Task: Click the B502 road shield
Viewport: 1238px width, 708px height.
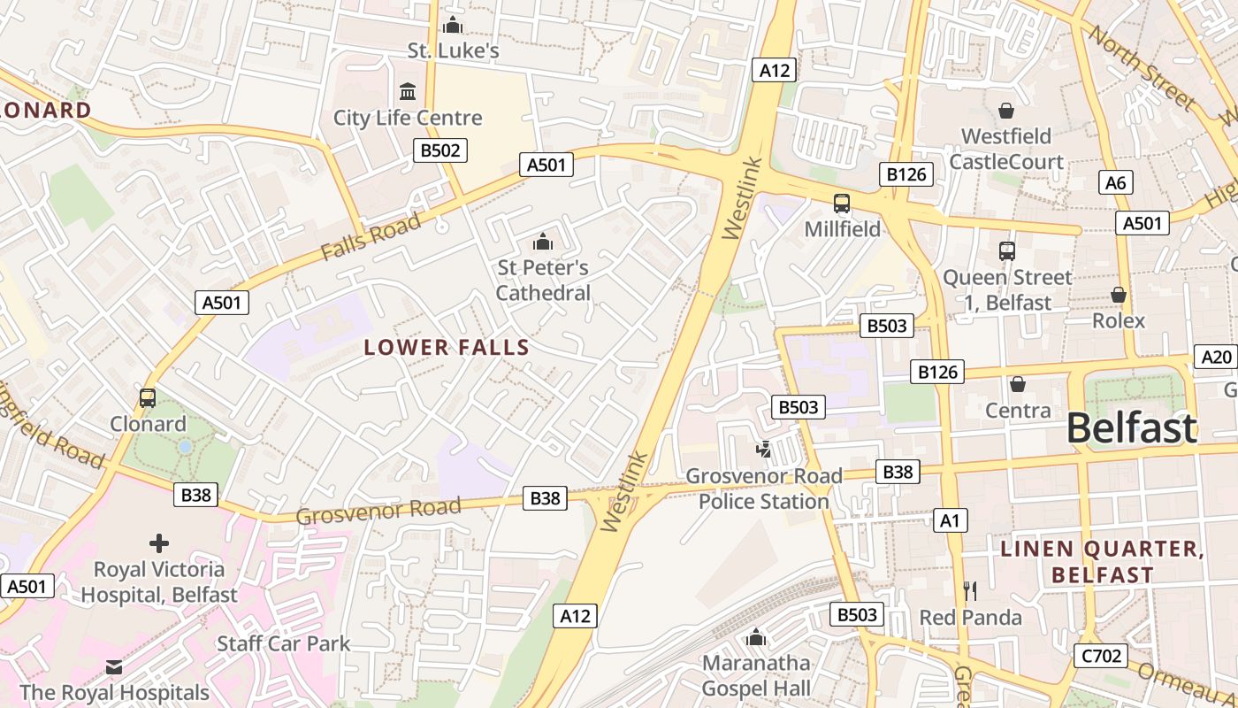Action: [440, 150]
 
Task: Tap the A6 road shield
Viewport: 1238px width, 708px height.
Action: [1116, 183]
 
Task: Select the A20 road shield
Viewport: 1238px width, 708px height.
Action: [1217, 357]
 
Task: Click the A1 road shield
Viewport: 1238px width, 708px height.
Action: [950, 520]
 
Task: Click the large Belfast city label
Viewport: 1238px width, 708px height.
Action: [1131, 428]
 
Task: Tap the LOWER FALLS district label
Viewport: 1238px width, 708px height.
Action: [447, 348]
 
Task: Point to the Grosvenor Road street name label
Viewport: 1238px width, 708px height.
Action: [378, 511]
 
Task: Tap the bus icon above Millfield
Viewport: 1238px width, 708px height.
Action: [842, 204]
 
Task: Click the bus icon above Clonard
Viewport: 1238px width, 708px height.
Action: [148, 398]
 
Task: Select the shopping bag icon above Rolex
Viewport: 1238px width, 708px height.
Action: [1119, 295]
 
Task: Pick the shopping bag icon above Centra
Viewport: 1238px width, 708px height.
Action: [1018, 384]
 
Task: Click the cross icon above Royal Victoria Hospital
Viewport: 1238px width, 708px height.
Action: [159, 543]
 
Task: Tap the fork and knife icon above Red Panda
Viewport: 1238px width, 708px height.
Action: [970, 590]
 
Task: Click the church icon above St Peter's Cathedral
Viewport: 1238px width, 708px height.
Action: [543, 241]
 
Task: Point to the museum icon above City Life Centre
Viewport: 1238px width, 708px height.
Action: [408, 91]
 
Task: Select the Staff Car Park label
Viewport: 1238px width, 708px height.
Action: [284, 643]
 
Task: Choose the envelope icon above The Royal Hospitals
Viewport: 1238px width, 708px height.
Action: [114, 666]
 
